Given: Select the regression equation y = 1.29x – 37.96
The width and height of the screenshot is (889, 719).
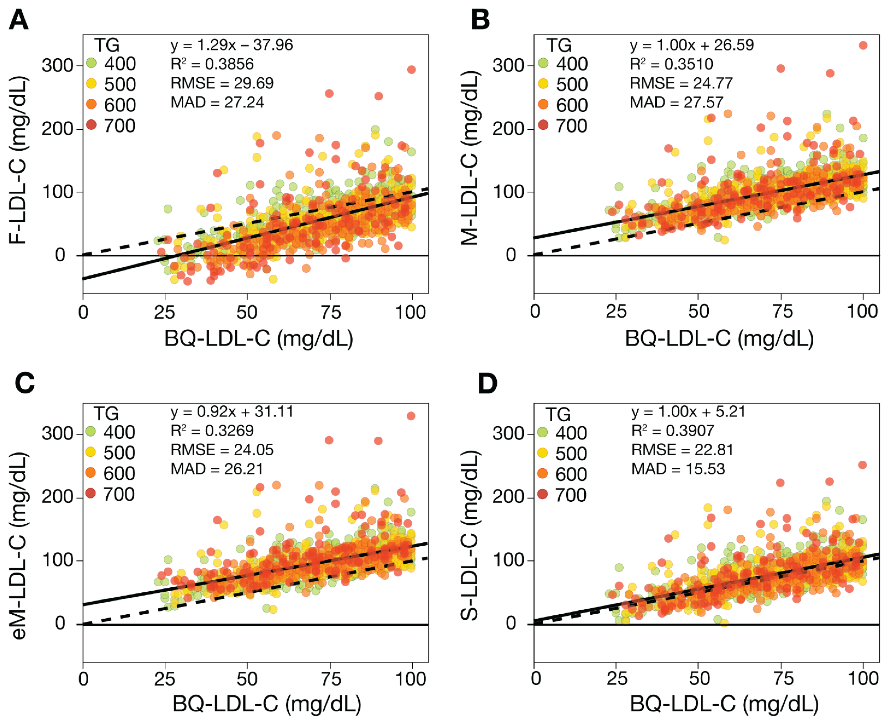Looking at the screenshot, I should click(x=231, y=45).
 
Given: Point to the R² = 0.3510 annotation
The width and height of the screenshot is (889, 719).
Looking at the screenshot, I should click(x=671, y=64).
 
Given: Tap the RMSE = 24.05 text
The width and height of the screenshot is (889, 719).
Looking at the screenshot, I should click(x=222, y=450).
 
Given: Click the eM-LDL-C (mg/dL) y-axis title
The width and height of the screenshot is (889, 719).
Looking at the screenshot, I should click(x=17, y=546).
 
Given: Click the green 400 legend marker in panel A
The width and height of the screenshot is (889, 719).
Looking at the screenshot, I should click(x=91, y=63).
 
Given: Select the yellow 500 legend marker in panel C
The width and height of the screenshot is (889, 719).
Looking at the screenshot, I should click(x=90, y=452).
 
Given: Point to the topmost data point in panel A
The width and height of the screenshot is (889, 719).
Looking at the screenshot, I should click(x=411, y=70).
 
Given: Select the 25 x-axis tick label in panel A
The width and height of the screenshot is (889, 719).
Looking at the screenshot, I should click(x=164, y=312).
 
